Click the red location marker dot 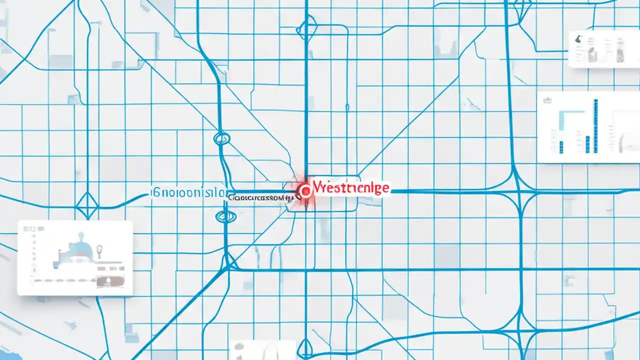303,190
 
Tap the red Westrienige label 350,188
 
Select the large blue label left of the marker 188,191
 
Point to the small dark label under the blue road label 259,198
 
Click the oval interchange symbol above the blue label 221,138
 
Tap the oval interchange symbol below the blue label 224,216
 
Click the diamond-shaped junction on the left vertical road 88,204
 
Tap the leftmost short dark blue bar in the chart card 561,146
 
